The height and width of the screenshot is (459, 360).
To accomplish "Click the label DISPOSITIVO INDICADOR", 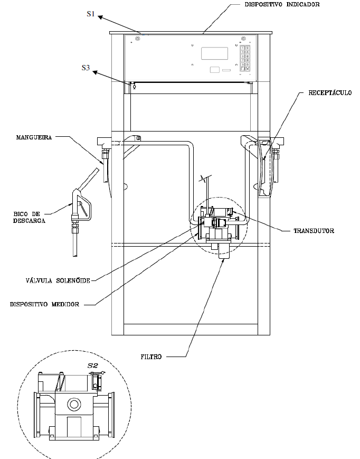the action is [282, 4].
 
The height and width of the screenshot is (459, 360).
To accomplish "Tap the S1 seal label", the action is [91, 14].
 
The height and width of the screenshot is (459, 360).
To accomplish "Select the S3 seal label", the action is [86, 68].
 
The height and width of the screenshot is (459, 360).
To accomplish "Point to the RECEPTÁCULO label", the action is [330, 93].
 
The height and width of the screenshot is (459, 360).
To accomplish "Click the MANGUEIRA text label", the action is [34, 137].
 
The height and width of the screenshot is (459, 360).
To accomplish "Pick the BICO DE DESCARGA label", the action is [29, 218].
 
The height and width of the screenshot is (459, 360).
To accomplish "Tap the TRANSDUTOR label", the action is [314, 231].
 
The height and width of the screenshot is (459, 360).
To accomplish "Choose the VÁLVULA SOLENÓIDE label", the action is [58, 280].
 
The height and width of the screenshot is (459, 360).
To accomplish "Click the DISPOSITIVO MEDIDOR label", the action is [44, 304].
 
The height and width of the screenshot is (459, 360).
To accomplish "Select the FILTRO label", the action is [151, 357].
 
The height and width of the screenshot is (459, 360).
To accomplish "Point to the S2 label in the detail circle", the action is [93, 366].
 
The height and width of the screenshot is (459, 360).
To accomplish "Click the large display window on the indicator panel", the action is [214, 53].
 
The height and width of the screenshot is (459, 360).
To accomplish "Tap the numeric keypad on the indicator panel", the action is [245, 58].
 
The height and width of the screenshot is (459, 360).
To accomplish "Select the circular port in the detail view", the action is [73, 405].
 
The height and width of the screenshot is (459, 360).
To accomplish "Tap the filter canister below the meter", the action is [224, 251].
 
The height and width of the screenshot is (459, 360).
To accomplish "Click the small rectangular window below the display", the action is [215, 70].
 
